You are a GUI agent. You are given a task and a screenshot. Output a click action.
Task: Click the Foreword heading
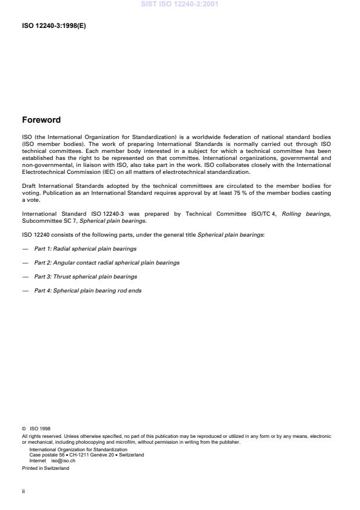(x=41, y=120)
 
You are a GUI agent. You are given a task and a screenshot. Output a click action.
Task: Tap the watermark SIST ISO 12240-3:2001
(x=180, y=4)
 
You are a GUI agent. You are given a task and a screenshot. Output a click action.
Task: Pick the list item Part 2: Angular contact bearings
(x=106, y=262)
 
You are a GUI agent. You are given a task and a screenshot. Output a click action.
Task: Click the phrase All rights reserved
(x=40, y=437)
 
